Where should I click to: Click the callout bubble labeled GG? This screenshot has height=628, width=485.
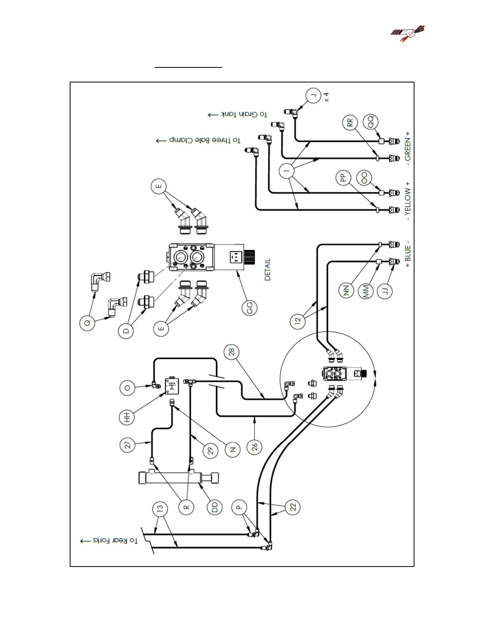[250, 307]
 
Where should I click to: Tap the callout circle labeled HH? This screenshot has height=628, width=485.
[127, 418]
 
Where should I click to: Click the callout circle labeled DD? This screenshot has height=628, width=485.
[215, 507]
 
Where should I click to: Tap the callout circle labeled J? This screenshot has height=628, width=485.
[313, 96]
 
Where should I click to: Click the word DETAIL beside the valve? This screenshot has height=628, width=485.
[268, 270]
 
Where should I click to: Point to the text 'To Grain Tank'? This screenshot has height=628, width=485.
[237, 115]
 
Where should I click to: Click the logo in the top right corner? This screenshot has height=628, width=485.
[408, 34]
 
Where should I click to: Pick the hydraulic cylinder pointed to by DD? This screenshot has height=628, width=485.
[178, 477]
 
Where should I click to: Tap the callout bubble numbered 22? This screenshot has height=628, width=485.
[293, 507]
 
